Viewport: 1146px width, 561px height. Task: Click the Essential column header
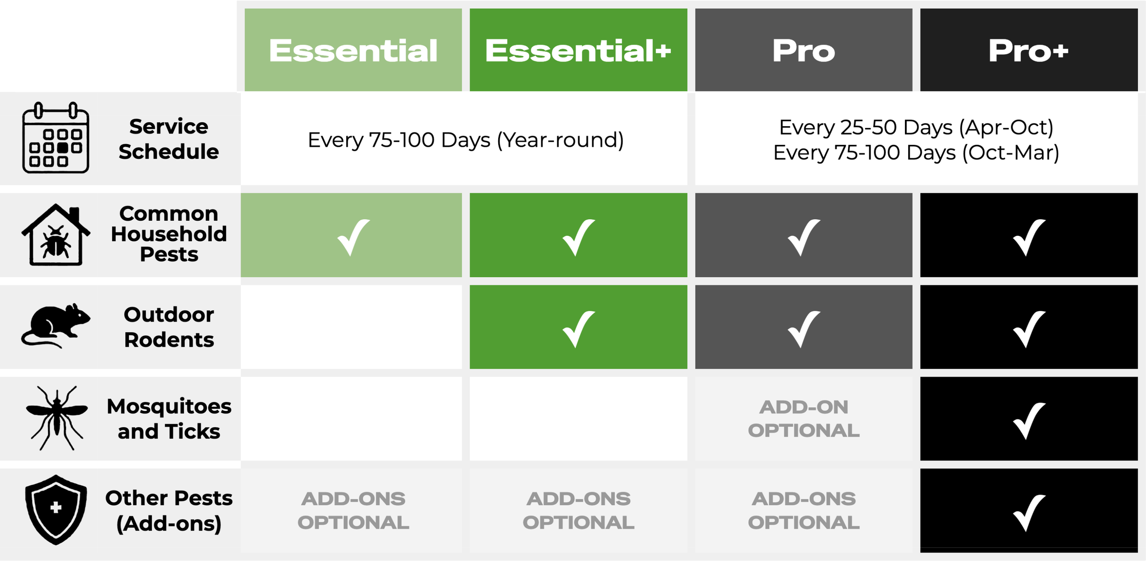[x=353, y=50]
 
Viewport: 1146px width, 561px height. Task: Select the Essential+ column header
[x=578, y=50]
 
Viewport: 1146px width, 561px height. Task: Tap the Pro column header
[x=803, y=50]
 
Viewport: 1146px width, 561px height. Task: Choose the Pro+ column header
[x=1028, y=50]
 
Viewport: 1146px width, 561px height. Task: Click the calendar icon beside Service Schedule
[x=55, y=138]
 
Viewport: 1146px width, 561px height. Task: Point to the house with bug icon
[x=55, y=235]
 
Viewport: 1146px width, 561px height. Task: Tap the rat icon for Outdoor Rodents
[x=55, y=326]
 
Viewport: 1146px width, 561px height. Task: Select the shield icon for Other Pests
[x=56, y=510]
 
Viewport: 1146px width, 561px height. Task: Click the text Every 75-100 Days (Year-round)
[x=465, y=140]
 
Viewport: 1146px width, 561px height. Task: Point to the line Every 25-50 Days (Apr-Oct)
[x=916, y=127]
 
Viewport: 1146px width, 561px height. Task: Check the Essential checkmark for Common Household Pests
[x=353, y=237]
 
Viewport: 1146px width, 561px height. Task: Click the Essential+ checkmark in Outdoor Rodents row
[x=578, y=328]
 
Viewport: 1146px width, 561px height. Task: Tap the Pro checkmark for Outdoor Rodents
[x=803, y=328]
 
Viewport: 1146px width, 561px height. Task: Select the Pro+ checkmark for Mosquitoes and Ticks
[x=1028, y=420]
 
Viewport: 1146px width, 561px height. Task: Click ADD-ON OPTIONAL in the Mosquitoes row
[x=803, y=418]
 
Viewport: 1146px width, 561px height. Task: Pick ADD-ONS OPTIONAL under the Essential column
[x=353, y=511]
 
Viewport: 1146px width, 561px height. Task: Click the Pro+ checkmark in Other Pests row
[x=1028, y=512]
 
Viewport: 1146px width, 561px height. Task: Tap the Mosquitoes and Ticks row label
[x=169, y=418]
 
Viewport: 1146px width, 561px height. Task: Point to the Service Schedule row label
[x=168, y=139]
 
